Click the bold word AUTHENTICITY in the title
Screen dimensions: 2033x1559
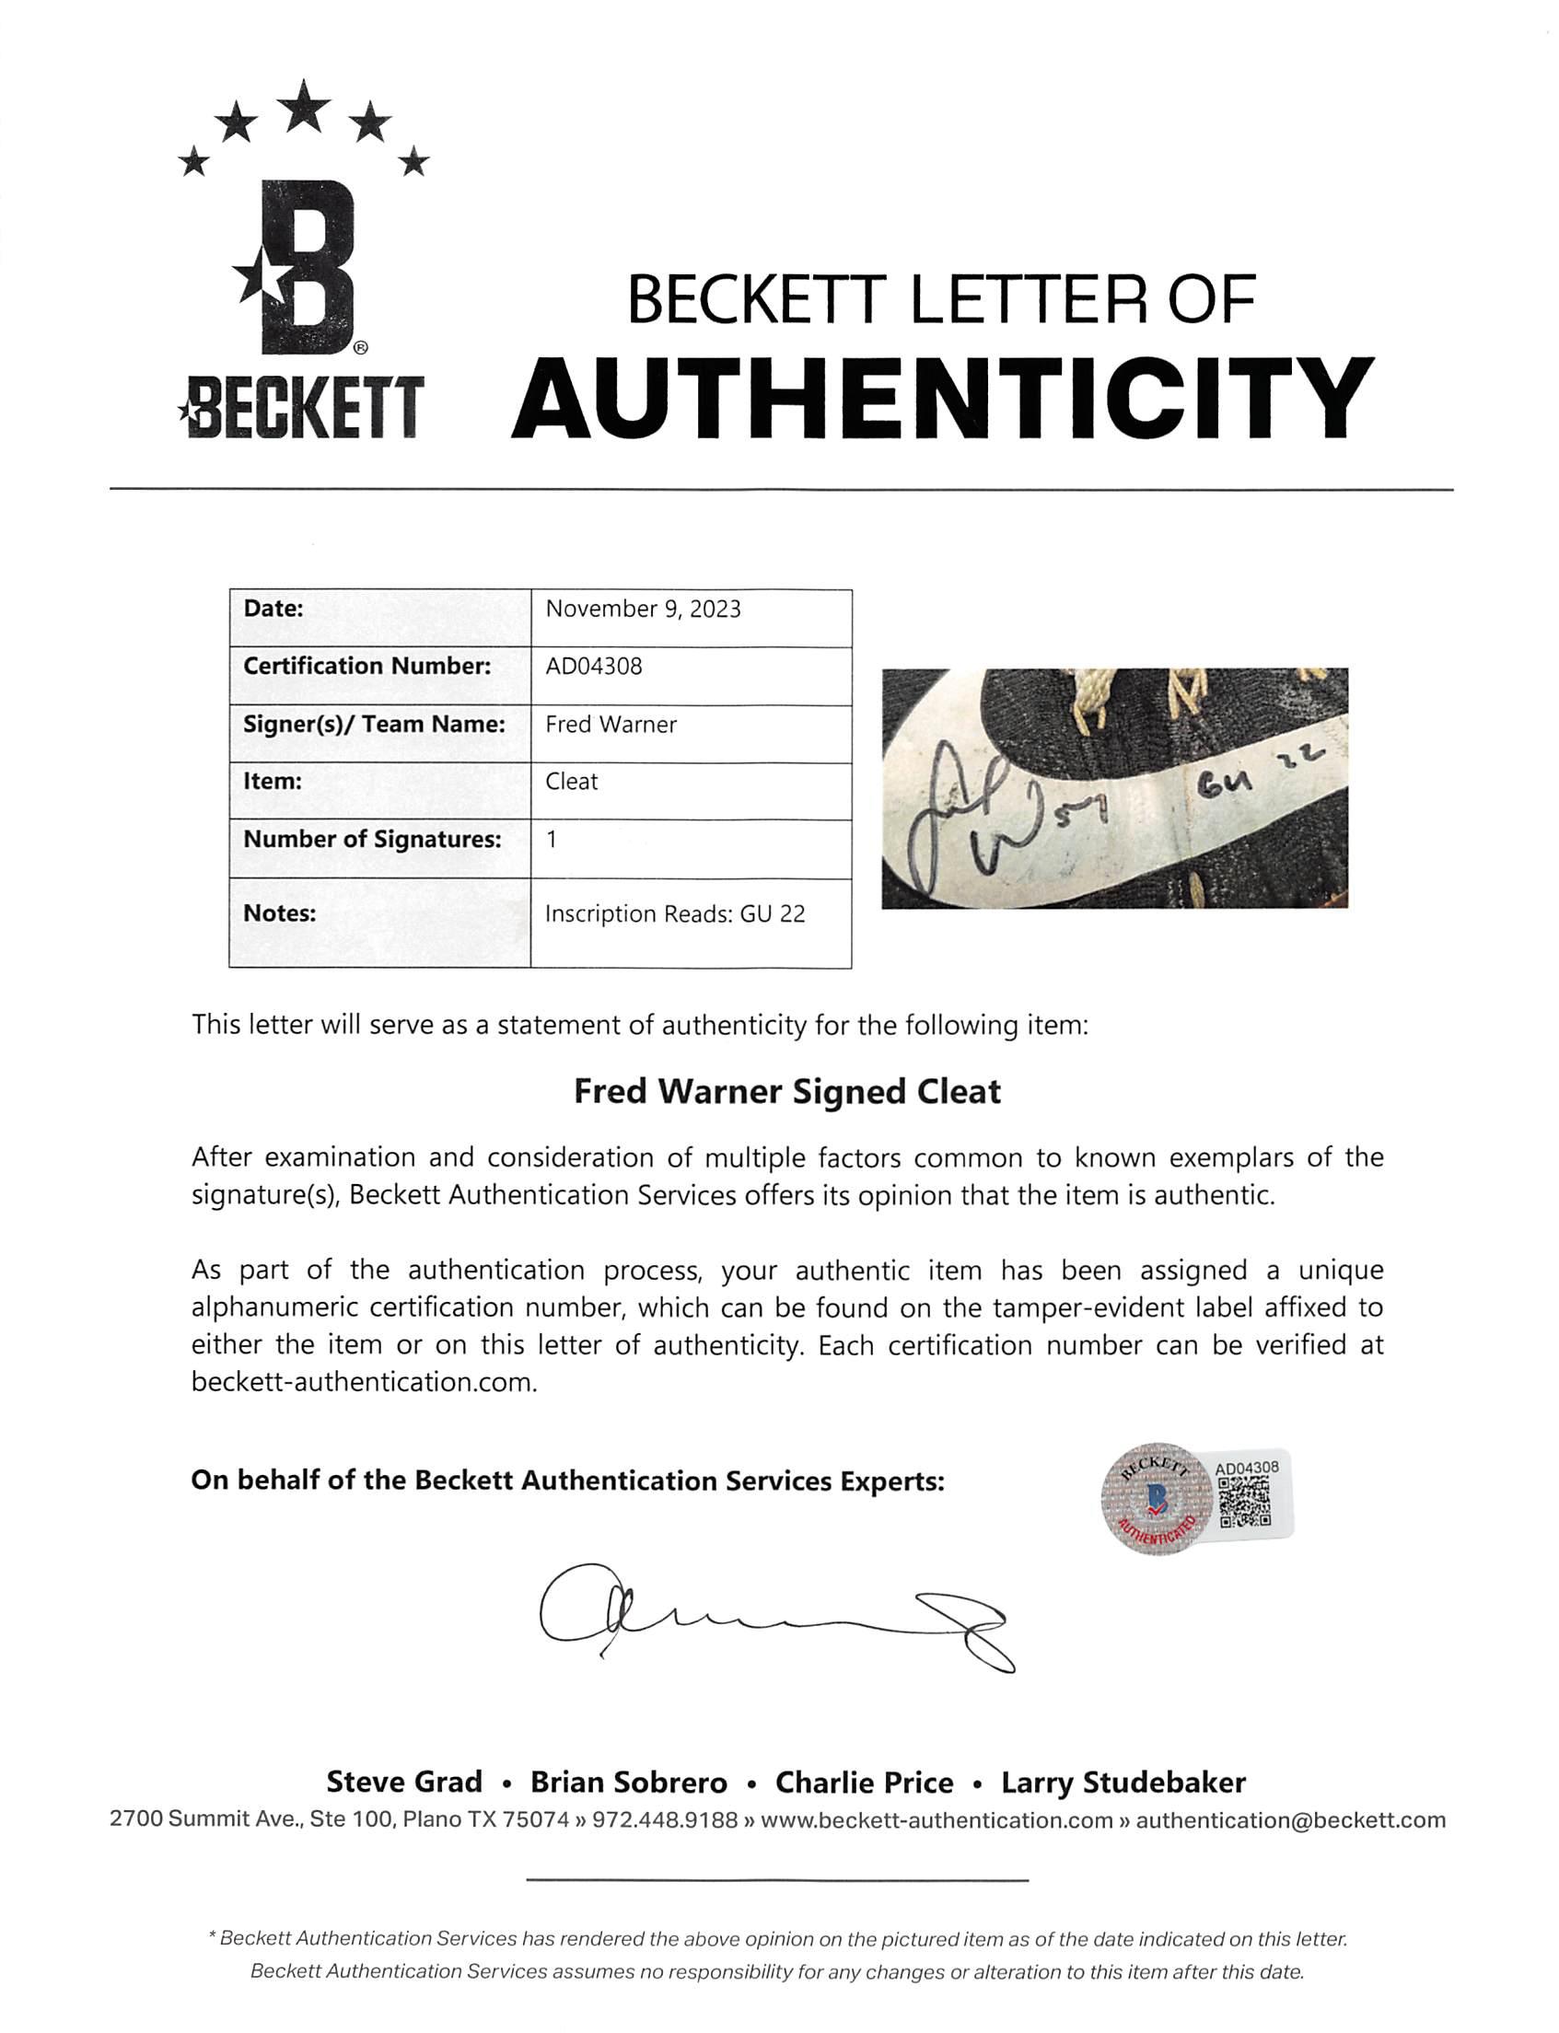pyautogui.click(x=941, y=399)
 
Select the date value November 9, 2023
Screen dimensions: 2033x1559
pyautogui.click(x=643, y=610)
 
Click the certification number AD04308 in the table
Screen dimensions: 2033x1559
pyautogui.click(x=594, y=667)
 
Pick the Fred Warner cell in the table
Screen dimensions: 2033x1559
pyautogui.click(x=611, y=725)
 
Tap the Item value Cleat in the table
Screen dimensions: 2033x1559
pyautogui.click(x=572, y=782)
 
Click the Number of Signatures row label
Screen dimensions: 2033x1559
pyautogui.click(x=372, y=840)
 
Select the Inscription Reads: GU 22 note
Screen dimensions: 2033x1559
pyautogui.click(x=675, y=914)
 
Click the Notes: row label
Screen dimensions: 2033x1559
pyautogui.click(x=279, y=913)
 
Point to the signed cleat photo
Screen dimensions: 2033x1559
pyautogui.click(x=1113, y=788)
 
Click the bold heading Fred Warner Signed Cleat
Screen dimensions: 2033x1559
pyautogui.click(x=787, y=1091)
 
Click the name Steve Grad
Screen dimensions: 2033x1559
pyautogui.click(x=403, y=1783)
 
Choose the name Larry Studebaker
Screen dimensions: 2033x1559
pyautogui.click(x=1123, y=1783)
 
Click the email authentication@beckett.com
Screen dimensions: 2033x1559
pyautogui.click(x=1290, y=1820)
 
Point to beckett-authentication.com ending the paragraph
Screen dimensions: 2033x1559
pyautogui.click(x=364, y=1383)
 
